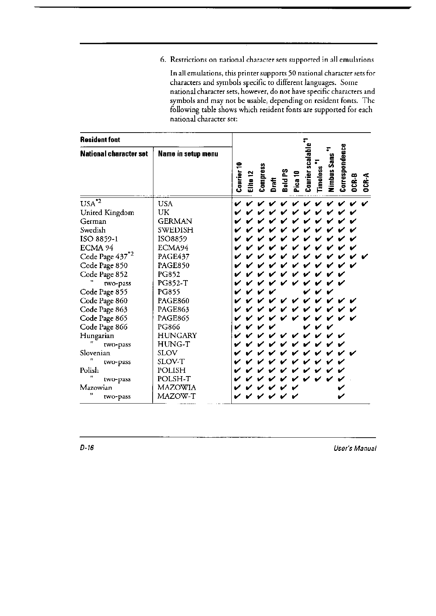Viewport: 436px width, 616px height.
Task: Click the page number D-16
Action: click(x=87, y=448)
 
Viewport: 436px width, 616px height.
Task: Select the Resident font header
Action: click(x=100, y=140)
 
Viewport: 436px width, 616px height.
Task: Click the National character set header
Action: click(x=114, y=154)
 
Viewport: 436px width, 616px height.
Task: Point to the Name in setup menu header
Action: click(x=188, y=154)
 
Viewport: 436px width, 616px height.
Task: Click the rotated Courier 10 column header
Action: click(x=239, y=177)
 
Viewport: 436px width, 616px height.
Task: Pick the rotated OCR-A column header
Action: click(x=366, y=182)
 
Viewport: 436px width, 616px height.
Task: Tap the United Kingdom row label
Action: click(x=107, y=213)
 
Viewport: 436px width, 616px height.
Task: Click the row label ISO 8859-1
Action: click(x=99, y=239)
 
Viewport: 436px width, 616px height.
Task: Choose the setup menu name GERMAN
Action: click(x=175, y=222)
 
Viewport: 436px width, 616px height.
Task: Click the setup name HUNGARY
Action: click(x=177, y=336)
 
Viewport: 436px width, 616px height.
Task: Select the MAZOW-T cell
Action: click(x=176, y=396)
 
